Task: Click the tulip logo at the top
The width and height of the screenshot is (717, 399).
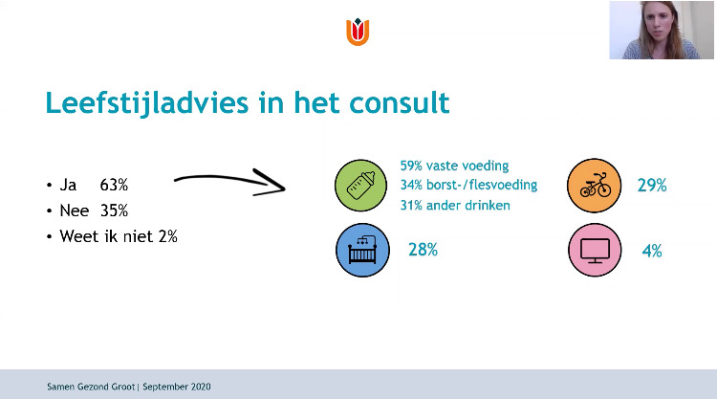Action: [358, 32]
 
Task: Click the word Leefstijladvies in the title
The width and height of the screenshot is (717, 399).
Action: [147, 102]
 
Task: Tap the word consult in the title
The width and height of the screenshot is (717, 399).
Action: [400, 102]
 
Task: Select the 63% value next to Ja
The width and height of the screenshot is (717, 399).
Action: [114, 185]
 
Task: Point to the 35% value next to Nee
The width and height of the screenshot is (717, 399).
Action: [114, 211]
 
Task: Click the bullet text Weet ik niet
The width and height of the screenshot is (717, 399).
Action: [106, 236]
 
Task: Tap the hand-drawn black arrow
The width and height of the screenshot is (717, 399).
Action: [229, 182]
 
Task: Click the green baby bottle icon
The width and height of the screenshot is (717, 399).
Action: [360, 186]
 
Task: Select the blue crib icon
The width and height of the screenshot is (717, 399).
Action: [362, 250]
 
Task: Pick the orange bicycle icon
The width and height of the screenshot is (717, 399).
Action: [595, 186]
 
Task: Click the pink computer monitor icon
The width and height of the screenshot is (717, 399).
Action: [595, 250]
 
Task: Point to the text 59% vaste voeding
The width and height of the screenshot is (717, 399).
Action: [454, 166]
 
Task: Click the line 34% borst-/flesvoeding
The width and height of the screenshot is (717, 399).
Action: [468, 185]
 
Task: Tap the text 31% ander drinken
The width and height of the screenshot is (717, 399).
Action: [455, 205]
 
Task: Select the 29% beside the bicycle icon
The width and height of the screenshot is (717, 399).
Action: [652, 186]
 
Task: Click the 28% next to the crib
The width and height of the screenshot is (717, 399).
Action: [423, 250]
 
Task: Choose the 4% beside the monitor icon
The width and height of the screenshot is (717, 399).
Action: [652, 251]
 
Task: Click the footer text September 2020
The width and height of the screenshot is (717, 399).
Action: [177, 387]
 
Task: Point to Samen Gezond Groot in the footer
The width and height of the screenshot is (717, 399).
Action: [91, 387]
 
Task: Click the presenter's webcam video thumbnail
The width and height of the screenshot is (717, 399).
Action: [662, 31]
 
